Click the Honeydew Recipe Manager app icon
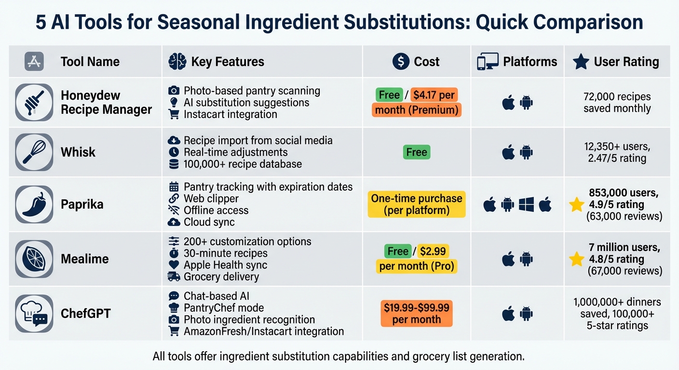pyautogui.click(x=34, y=102)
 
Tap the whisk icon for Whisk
pyautogui.click(x=34, y=152)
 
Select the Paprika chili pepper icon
pyautogui.click(x=34, y=204)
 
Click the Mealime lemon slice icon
pyautogui.click(x=34, y=259)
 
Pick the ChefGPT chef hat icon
pyautogui.click(x=34, y=314)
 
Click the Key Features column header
pyautogui.click(x=227, y=62)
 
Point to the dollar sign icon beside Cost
pyautogui.click(x=401, y=62)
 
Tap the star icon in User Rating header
pyautogui.click(x=581, y=62)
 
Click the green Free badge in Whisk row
pyautogui.click(x=417, y=152)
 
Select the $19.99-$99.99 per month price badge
pyautogui.click(x=417, y=314)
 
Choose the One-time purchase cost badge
pyautogui.click(x=417, y=204)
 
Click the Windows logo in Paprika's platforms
pyautogui.click(x=526, y=205)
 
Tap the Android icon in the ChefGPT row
pyautogui.click(x=526, y=314)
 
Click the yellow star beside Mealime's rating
pyautogui.click(x=576, y=259)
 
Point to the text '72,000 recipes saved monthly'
pyautogui.click(x=617, y=102)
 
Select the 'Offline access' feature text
pyautogui.click(x=216, y=211)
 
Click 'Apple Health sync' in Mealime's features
pyautogui.click(x=225, y=265)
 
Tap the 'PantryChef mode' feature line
pyautogui.click(x=224, y=308)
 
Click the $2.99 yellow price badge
pyautogui.click(x=433, y=251)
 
